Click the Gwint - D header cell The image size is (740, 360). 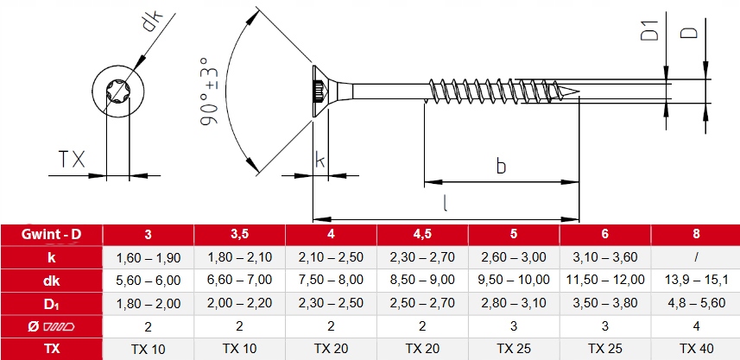point(51,235)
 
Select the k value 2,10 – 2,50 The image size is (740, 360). point(331,257)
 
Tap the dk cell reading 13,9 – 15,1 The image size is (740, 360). point(696,280)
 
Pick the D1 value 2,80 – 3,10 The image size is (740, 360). point(514,302)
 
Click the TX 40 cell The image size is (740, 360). point(696,349)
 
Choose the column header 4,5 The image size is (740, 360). point(422,234)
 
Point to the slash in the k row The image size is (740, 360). point(697,257)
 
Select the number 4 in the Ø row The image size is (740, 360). point(696,326)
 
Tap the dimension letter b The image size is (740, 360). point(501,165)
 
